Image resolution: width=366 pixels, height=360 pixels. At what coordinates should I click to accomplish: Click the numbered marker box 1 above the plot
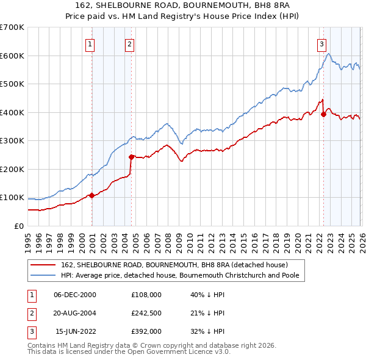90,43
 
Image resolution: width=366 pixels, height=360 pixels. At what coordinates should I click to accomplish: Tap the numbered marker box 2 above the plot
130,43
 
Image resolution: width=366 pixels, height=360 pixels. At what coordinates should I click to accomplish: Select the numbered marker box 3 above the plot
321,43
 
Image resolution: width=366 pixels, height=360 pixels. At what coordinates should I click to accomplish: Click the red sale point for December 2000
91,195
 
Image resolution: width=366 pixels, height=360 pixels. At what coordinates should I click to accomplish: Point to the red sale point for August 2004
131,157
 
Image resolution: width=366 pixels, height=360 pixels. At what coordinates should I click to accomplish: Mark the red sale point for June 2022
323,115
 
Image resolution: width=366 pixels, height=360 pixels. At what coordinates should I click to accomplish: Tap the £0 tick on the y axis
18,226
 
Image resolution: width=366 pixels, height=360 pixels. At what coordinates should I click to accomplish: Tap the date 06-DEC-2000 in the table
75,294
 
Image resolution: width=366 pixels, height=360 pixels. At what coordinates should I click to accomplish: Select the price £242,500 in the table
146,313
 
